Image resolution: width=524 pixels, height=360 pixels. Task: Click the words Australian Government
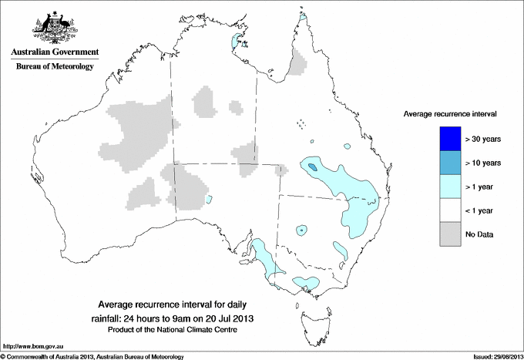[x=54, y=52]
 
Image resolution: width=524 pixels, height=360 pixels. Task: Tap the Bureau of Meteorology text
[x=54, y=66]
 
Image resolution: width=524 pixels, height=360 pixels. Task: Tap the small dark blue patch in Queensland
[x=311, y=166]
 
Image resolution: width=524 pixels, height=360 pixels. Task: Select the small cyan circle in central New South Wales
[x=301, y=229]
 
